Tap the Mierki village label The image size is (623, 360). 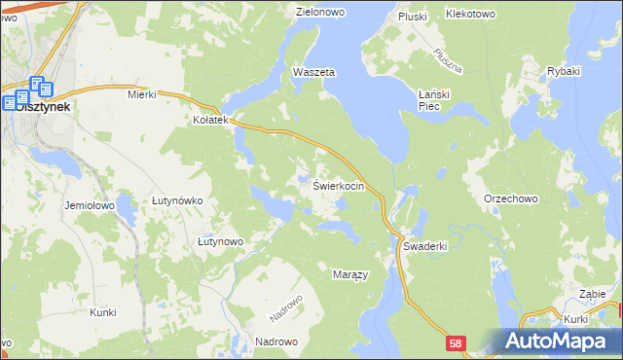coord(142,94)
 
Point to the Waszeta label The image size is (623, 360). coord(313,73)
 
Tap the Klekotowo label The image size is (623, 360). coord(470,15)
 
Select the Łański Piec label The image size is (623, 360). coord(435,99)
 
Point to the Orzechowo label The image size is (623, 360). coord(511,198)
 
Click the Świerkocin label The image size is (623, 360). coord(339,186)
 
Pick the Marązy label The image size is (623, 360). coord(350,275)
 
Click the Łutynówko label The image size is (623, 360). coord(177,200)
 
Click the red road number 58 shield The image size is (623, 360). coord(458,343)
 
